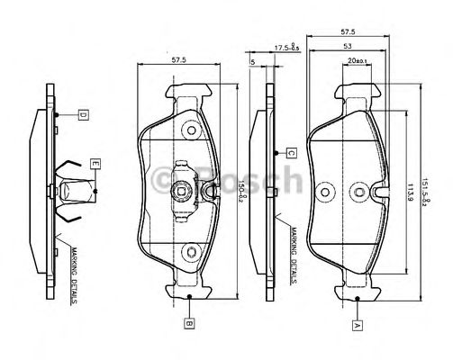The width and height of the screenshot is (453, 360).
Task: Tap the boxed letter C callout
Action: [291, 152]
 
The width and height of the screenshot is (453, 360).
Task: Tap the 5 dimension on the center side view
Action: [254, 62]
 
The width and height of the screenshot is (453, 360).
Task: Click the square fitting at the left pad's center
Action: [181, 189]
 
